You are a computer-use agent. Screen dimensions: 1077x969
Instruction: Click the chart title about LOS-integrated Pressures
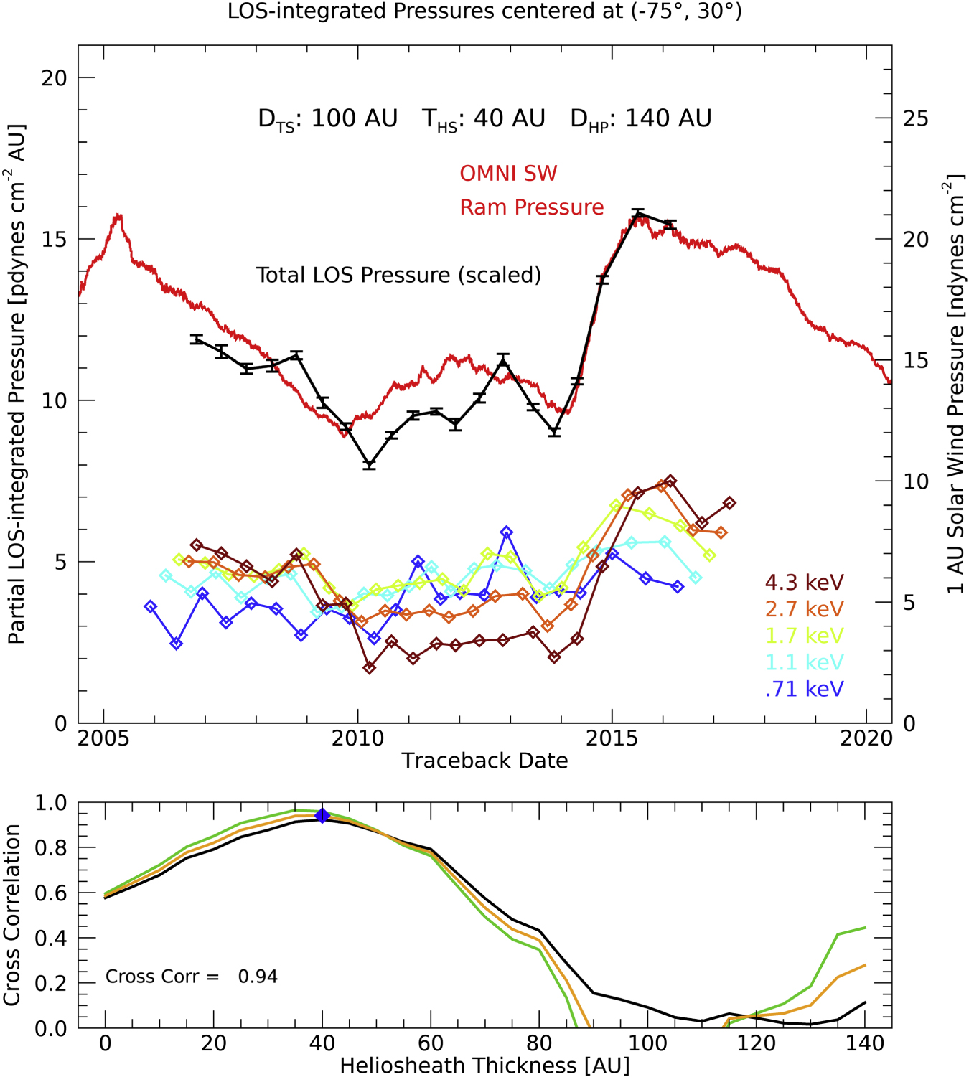484,11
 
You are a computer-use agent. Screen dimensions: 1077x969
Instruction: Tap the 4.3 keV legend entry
804,582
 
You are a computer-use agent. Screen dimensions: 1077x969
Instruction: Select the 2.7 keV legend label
804,608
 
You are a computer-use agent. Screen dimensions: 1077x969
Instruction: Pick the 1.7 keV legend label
804,635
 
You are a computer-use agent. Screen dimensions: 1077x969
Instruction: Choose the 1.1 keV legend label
804,662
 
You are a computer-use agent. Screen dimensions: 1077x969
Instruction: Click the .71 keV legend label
804,689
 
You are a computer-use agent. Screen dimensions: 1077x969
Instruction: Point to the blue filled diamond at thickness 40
322,815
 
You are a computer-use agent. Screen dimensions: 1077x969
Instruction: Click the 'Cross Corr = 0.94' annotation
191,977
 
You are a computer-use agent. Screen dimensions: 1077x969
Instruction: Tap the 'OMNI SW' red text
508,174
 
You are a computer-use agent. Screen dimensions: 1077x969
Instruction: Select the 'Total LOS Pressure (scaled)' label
398,275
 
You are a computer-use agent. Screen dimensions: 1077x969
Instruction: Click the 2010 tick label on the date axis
357,738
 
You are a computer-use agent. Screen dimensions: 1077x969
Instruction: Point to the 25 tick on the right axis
915,118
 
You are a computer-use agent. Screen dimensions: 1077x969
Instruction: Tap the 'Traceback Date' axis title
484,761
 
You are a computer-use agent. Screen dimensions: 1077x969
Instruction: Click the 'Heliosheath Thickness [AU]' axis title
484,1066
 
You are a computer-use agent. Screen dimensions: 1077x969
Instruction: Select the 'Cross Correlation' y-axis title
12,915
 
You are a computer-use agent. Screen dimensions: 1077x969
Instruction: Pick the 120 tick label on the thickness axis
756,1043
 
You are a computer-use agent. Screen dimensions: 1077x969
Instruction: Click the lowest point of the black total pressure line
370,464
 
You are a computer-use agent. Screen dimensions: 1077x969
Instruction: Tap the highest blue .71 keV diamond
507,532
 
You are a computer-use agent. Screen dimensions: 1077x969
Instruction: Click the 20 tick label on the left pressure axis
54,77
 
